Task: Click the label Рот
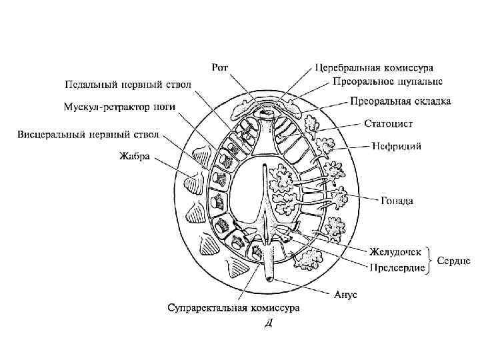(x=221, y=67)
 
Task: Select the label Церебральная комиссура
(x=374, y=68)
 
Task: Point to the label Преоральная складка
(x=400, y=102)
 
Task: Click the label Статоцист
(x=389, y=124)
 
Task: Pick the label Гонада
(x=397, y=200)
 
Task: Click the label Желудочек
(x=397, y=252)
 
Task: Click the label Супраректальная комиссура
(x=233, y=308)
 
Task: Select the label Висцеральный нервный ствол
(x=88, y=135)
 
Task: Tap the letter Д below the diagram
(x=268, y=325)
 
